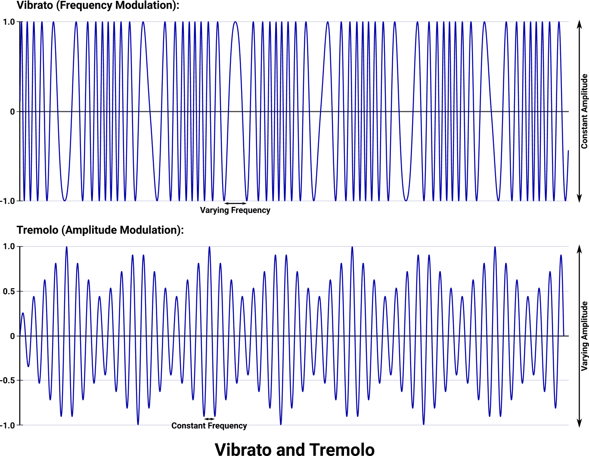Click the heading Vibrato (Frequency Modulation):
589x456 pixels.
click(98, 6)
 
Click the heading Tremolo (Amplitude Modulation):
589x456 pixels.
click(100, 230)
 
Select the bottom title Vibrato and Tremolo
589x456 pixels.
click(294, 449)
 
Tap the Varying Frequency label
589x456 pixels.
click(235, 210)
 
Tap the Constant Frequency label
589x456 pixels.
click(209, 426)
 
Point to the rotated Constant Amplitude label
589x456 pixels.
click(584, 111)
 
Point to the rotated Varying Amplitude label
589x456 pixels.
click(584, 336)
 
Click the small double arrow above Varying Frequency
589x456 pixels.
click(235, 203)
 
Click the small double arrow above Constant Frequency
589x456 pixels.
click(209, 419)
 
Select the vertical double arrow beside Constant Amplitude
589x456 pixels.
click(579, 111)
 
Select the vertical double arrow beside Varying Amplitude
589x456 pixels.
click(579, 336)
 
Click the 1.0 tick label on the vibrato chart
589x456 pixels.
click(9, 22)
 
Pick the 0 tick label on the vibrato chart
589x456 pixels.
click(12, 112)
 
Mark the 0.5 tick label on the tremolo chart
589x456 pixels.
click(9, 291)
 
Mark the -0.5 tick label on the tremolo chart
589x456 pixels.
click(7, 381)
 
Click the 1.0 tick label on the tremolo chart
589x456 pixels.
click(9, 247)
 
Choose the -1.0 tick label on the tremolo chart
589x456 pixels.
click(7, 425)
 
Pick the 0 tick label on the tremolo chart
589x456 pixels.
click(12, 336)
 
